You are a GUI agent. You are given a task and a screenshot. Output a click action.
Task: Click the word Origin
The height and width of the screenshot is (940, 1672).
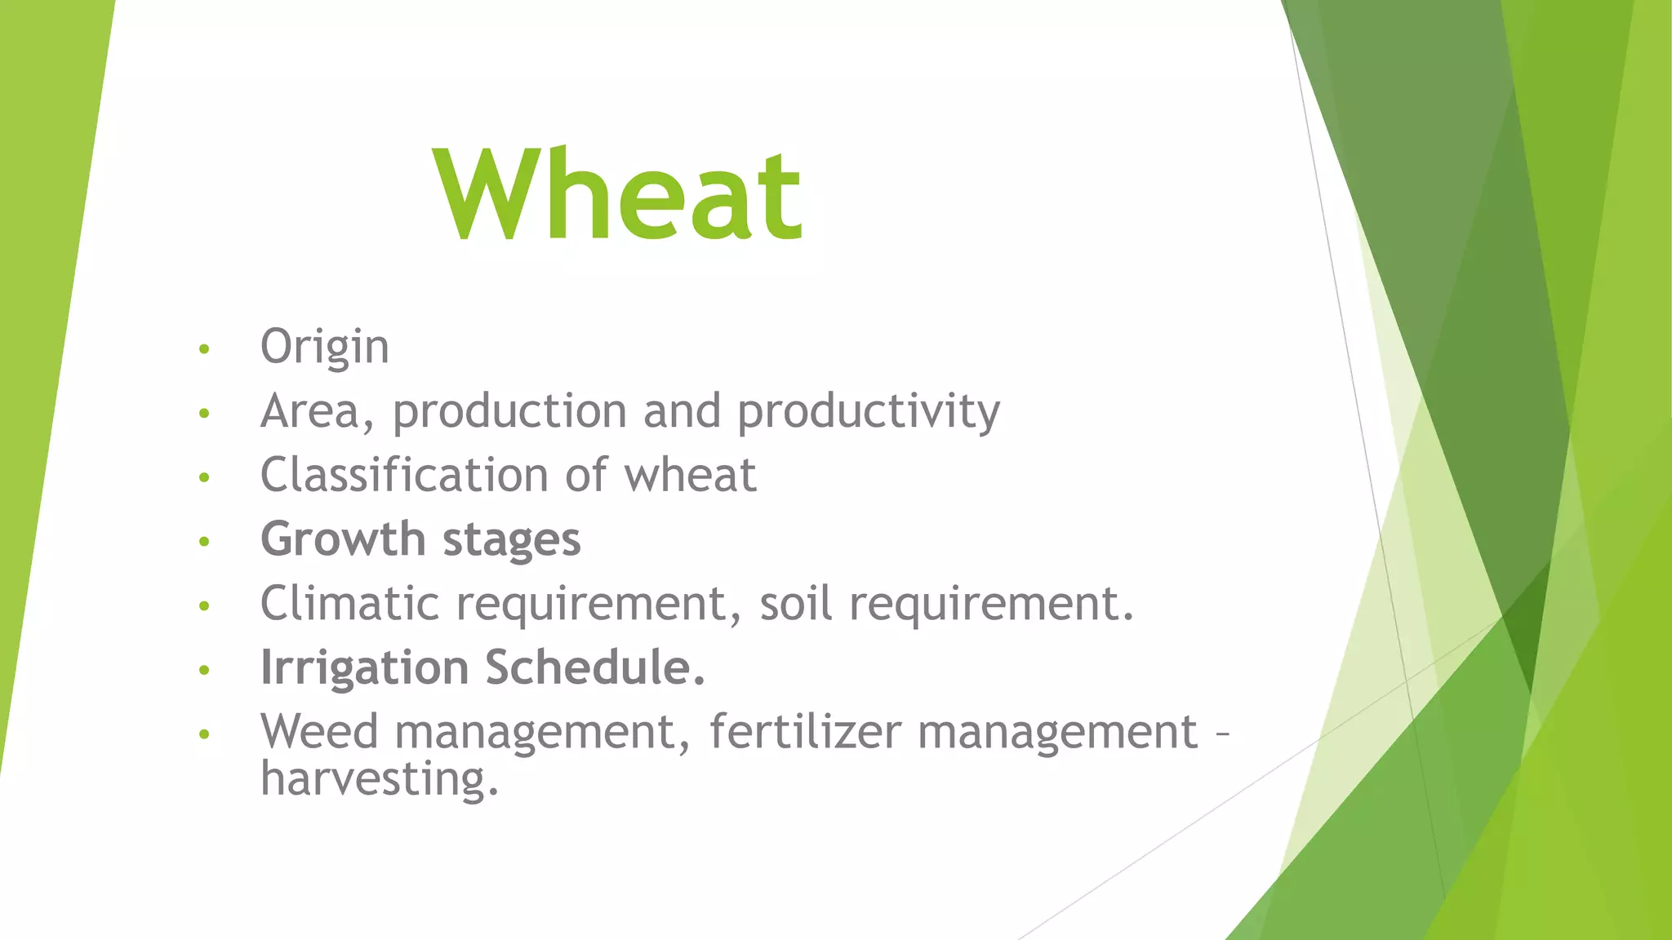pos(324,347)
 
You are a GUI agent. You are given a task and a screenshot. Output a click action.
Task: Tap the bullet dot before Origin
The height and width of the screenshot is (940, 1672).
pos(204,349)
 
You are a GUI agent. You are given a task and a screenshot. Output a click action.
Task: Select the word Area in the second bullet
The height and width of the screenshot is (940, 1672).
pos(310,410)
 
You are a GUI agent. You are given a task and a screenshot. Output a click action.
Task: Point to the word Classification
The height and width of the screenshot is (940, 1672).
pos(404,475)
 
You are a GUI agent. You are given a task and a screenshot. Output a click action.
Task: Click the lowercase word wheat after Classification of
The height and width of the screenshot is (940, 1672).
pos(691,476)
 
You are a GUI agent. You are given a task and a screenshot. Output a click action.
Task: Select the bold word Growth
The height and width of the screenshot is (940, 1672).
pos(343,539)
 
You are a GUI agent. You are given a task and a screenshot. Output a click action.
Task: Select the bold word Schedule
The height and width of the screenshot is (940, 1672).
pos(594,667)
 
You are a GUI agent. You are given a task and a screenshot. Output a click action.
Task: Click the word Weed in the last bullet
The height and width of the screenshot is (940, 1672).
pos(319,731)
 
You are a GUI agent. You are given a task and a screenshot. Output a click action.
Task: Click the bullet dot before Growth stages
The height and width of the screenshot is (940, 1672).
pos(204,541)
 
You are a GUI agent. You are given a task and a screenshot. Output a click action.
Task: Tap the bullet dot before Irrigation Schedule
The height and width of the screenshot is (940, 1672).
pos(204,670)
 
